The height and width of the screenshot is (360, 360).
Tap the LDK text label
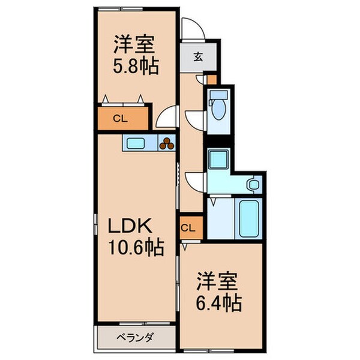click(132, 226)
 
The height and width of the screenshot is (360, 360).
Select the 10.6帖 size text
click(137, 247)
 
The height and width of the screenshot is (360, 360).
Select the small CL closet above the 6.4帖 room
click(188, 228)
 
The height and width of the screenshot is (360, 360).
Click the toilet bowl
click(218, 108)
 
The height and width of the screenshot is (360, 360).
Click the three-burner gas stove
click(166, 143)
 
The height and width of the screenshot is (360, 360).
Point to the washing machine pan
click(217, 159)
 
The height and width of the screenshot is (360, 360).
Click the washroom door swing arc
click(195, 179)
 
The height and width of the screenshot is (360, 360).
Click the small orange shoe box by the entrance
click(211, 79)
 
